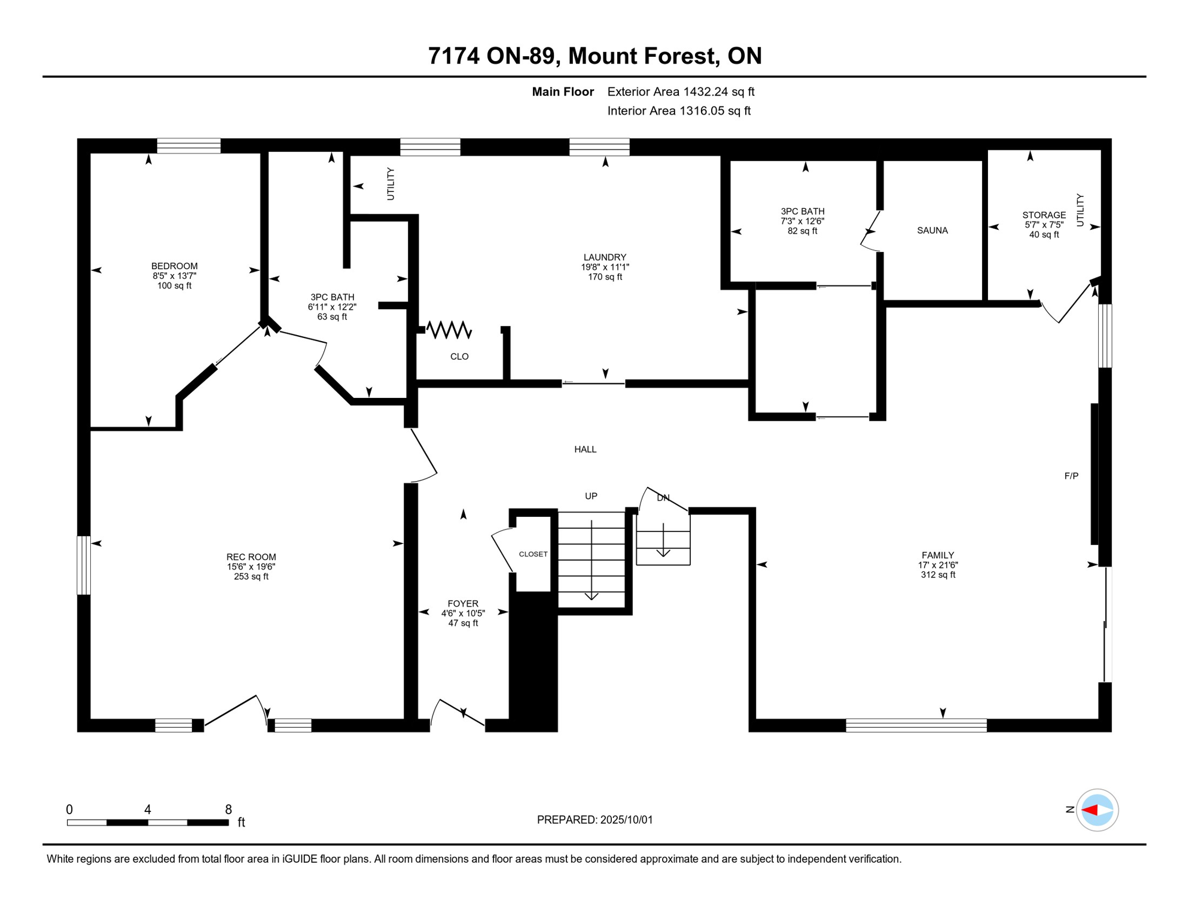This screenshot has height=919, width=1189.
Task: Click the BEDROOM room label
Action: point(174,266)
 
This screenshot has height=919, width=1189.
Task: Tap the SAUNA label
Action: point(932,230)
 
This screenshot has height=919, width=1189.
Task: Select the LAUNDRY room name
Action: point(605,257)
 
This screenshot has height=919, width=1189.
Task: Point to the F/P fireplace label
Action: point(1071,476)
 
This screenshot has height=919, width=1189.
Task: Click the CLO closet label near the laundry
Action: point(459,357)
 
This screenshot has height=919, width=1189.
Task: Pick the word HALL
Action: point(586,449)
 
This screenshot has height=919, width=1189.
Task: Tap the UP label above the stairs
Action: point(591,496)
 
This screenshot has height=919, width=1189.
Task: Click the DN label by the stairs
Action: point(663,498)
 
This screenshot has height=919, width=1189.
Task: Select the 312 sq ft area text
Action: point(938,575)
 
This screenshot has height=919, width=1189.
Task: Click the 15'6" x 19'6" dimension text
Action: point(251,567)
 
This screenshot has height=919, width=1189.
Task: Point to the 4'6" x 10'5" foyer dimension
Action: point(463,613)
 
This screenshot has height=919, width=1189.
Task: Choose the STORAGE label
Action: point(1044,215)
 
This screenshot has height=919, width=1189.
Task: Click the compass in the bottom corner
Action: point(1097,810)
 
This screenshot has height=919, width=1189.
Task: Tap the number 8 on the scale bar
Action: point(228,810)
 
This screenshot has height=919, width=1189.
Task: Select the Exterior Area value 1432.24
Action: point(706,92)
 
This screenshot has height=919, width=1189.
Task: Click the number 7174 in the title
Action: point(454,56)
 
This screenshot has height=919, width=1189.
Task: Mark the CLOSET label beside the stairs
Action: point(533,554)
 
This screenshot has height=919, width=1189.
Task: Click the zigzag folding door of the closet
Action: point(449,330)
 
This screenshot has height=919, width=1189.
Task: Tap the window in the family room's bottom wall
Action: point(916,725)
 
